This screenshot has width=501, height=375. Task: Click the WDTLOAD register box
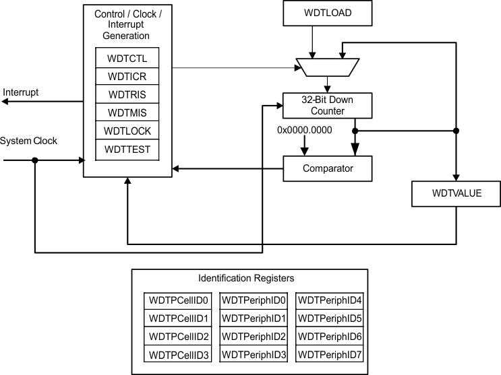pyautogui.click(x=327, y=13)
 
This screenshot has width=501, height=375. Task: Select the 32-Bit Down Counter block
pyautogui.click(x=327, y=105)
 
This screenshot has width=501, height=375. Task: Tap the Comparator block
pyautogui.click(x=327, y=168)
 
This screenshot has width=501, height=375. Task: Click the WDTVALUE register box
pyautogui.click(x=456, y=195)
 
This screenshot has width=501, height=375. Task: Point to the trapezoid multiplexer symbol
pyautogui.click(x=327, y=67)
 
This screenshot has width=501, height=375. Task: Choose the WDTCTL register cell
pyautogui.click(x=127, y=58)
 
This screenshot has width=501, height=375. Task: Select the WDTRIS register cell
pyautogui.click(x=127, y=94)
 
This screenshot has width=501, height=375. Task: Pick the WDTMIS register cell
pyautogui.click(x=127, y=112)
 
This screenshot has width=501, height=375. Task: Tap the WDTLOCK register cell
pyautogui.click(x=127, y=131)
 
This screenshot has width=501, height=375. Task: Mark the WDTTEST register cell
pyautogui.click(x=127, y=149)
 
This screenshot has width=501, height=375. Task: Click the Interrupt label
pyautogui.click(x=22, y=91)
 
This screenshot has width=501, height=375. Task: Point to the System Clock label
pyautogui.click(x=29, y=141)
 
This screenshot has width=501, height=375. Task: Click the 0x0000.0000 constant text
pyautogui.click(x=305, y=129)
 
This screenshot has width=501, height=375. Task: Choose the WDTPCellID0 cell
pyautogui.click(x=179, y=300)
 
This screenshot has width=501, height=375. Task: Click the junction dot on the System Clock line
pyautogui.click(x=35, y=160)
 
